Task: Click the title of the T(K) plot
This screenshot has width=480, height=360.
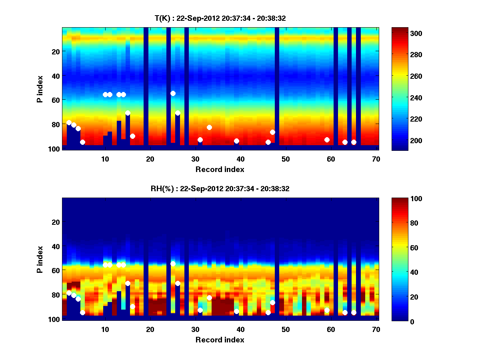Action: [220, 18]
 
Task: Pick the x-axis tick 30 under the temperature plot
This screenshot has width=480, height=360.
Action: [195, 159]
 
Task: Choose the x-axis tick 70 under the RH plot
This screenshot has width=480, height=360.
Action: [376, 329]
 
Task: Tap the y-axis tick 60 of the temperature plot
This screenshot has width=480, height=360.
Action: [55, 100]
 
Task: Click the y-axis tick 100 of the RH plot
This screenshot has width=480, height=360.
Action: [54, 319]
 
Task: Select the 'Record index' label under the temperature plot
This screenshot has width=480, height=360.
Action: [220, 169]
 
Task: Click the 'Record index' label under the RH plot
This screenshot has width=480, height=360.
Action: [220, 340]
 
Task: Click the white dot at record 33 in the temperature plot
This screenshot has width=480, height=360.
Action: [209, 127]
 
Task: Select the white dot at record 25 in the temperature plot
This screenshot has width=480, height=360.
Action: [173, 93]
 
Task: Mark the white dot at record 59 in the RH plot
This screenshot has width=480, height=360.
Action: [327, 310]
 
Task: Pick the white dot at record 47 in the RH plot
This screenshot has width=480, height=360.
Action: [272, 302]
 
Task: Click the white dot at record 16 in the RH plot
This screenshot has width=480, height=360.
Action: [132, 306]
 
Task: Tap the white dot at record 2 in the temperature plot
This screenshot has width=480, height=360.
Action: [69, 122]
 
